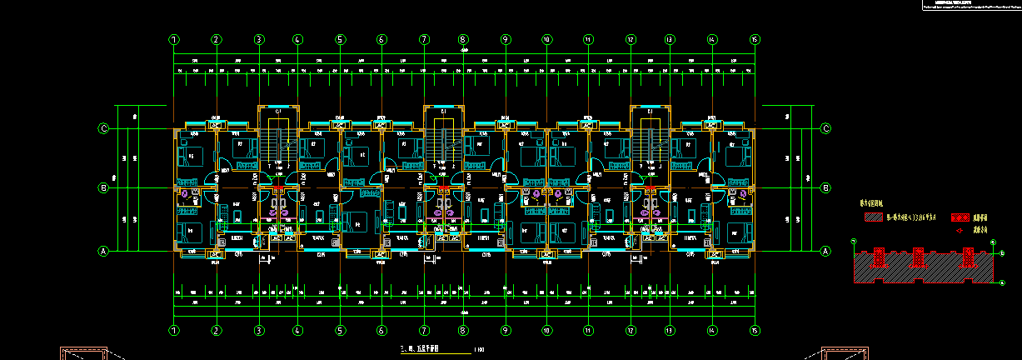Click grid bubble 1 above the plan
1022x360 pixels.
tap(174, 39)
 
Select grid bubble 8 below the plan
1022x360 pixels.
tap(463, 330)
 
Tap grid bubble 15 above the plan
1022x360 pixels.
tap(755, 39)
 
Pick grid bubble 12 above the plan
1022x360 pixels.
tap(631, 39)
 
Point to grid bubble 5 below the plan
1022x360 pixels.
tap(340, 330)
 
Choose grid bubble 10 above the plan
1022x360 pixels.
tap(546, 39)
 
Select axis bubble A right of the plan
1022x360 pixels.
tap(826, 251)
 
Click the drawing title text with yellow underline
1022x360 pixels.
tap(421, 349)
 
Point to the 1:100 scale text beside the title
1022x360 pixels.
tap(479, 349)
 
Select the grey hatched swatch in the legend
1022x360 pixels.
tap(873, 217)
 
